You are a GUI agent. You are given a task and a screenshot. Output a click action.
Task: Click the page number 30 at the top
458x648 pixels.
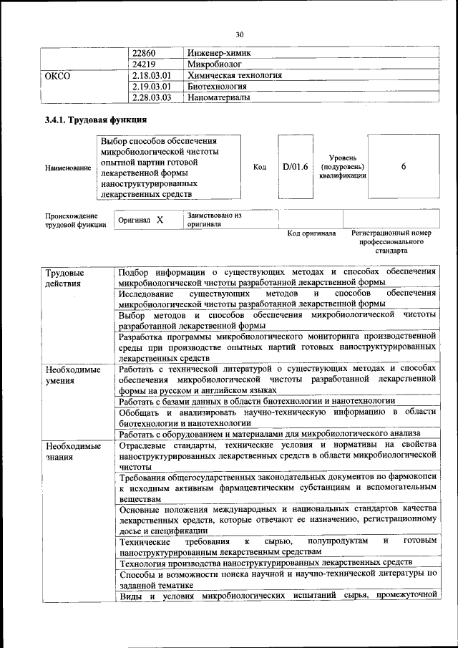pos(240,34)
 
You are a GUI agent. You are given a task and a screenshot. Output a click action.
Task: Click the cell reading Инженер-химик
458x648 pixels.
pos(219,53)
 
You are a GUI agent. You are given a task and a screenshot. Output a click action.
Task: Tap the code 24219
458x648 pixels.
pos(145,64)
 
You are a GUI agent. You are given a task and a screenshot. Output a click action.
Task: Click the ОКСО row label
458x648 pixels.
pos(57,75)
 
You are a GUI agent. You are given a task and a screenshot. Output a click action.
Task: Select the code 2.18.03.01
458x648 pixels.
pos(152,75)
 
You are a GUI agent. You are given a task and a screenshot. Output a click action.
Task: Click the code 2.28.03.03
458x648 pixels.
pos(152,97)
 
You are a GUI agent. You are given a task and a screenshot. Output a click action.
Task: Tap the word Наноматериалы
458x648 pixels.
pos(219,97)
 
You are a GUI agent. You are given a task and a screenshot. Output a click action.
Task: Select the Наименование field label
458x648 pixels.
pos(68,168)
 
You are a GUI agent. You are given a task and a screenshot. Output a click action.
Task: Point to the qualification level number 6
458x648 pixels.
pos(404,166)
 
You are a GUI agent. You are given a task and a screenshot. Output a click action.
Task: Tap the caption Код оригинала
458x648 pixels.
pos(311,233)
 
